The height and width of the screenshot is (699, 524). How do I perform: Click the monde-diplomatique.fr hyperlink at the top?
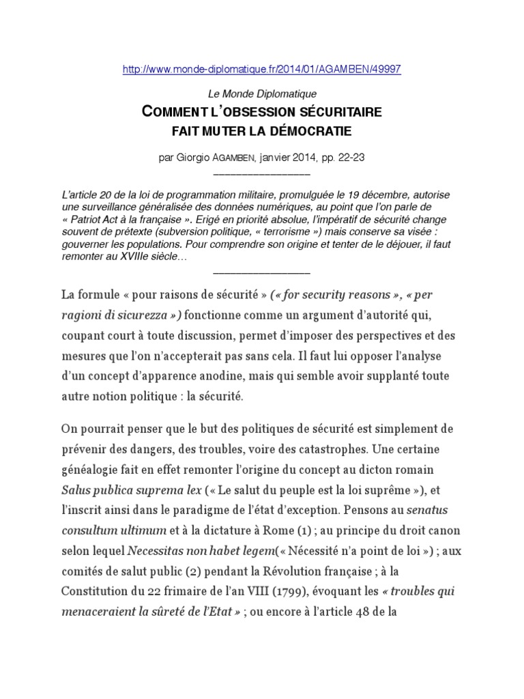pos(262,70)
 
